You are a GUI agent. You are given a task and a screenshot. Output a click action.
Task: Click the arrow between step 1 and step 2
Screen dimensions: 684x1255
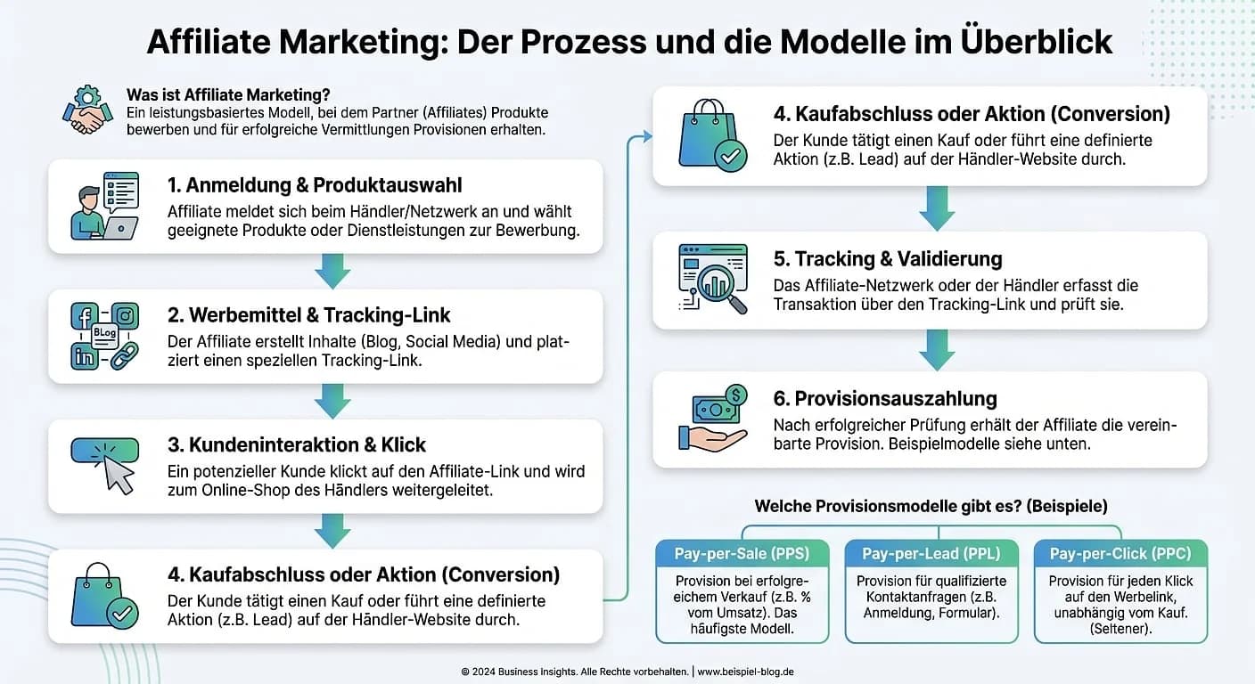[333, 271]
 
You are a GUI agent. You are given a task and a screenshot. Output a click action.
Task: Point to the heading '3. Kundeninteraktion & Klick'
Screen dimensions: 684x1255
[297, 444]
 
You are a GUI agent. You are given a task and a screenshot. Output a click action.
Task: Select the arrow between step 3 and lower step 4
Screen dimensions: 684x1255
[333, 531]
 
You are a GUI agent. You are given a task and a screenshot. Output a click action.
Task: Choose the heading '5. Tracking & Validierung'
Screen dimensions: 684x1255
[888, 258]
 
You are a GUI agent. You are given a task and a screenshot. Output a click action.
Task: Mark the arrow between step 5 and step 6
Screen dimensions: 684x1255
[937, 349]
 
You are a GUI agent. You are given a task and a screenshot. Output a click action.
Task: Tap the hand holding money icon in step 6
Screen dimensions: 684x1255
[712, 418]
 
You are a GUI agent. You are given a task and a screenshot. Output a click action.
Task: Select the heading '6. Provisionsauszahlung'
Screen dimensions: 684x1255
[885, 398]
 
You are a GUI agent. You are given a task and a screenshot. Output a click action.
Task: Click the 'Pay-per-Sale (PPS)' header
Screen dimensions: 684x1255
[742, 554]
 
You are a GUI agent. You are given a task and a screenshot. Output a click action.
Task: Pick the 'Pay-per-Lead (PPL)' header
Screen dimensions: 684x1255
[931, 554]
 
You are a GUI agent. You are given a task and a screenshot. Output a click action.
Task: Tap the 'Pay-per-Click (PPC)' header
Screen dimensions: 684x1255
[1120, 554]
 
